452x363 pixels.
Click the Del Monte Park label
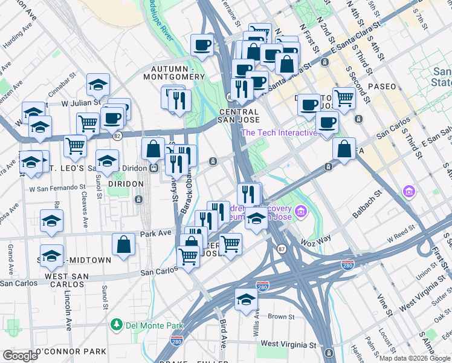click(150, 325)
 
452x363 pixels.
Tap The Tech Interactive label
click(279, 133)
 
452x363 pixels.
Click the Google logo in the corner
click(20, 355)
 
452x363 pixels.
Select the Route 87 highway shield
click(281, 249)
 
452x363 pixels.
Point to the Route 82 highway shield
click(117, 136)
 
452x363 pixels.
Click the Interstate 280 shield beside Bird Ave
click(176, 342)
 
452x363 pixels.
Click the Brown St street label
click(280, 316)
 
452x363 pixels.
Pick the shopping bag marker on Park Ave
click(123, 245)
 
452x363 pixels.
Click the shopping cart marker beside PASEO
click(344, 97)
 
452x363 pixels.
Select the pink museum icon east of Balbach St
click(409, 192)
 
